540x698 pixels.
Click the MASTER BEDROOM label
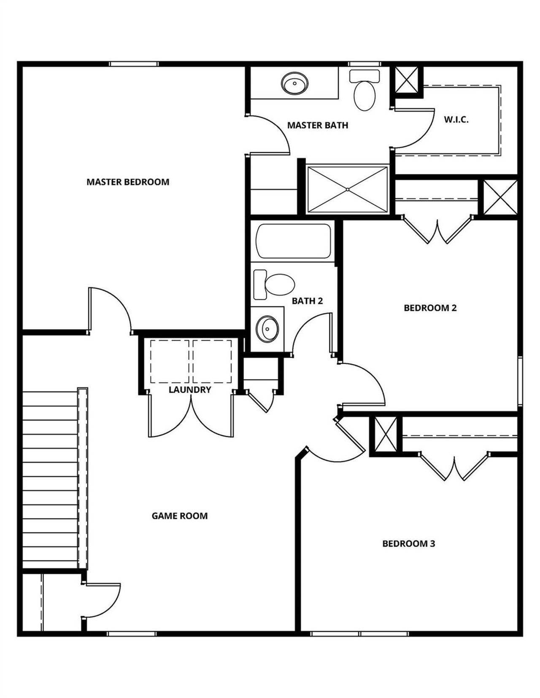point(128,182)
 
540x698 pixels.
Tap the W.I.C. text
point(456,120)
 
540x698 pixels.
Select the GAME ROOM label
point(180,516)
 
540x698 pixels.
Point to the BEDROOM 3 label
point(408,544)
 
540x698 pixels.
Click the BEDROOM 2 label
point(430,308)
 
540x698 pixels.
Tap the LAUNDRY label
point(190,390)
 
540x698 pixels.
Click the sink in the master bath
point(295,83)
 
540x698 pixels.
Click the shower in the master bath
point(347,190)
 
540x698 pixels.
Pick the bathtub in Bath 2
point(294,241)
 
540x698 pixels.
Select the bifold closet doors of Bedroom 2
point(437,230)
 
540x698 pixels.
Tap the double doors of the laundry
point(191,417)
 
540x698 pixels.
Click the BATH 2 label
point(307,301)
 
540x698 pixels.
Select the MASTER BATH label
point(318,125)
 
